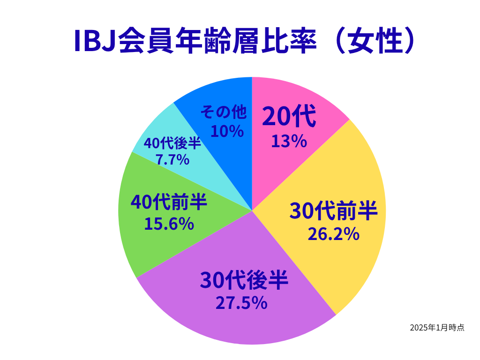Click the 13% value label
289,142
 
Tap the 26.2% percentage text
333,234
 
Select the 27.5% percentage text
241,303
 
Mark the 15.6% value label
169,224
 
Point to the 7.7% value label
172,159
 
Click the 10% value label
227,131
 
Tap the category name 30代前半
333,211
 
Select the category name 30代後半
244,280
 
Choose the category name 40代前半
169,202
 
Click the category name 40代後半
172,143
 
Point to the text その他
224,112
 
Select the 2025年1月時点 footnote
437,328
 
